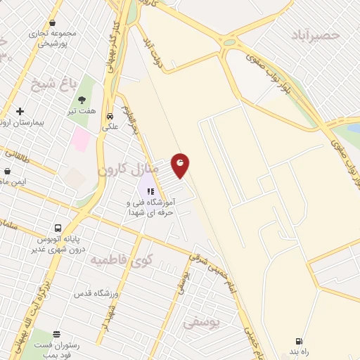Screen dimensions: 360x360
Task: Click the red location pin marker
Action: pyautogui.click(x=180, y=165)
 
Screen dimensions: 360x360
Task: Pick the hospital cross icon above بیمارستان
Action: pyautogui.click(x=20, y=111)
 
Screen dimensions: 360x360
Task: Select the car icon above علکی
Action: pyautogui.click(x=110, y=117)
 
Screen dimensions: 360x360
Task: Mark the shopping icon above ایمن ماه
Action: pyautogui.click(x=7, y=171)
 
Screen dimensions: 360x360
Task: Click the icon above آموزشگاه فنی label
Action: pyautogui.click(x=150, y=190)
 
